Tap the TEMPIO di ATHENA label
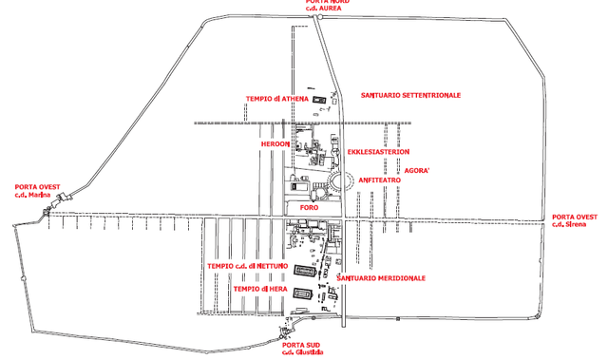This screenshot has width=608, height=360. pyautogui.click(x=276, y=99)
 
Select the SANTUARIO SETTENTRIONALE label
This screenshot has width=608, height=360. pyautogui.click(x=410, y=96)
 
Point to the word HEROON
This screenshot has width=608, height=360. pyautogui.click(x=275, y=143)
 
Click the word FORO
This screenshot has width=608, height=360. pyautogui.click(x=307, y=206)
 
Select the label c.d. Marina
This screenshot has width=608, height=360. pyautogui.click(x=32, y=196)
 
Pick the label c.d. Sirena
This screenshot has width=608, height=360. pyautogui.click(x=575, y=224)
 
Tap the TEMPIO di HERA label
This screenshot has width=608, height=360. pyautogui.click(x=260, y=288)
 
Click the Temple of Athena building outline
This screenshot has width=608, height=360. pyautogui.click(x=320, y=99)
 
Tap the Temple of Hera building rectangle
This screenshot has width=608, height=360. pyautogui.click(x=303, y=294)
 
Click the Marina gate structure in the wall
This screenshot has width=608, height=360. pyautogui.click(x=63, y=199)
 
